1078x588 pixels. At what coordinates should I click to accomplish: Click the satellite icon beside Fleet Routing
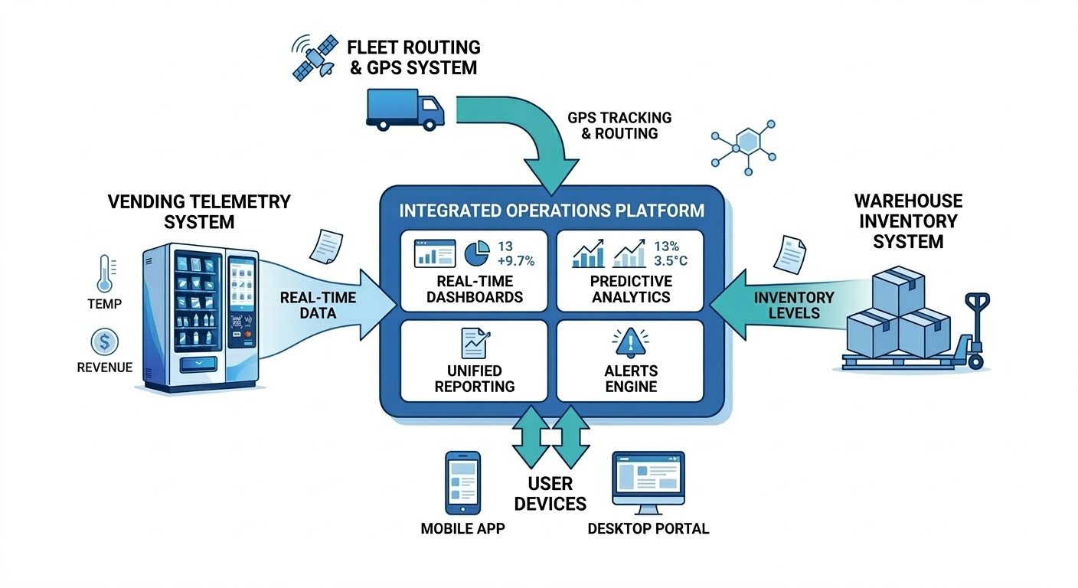315,57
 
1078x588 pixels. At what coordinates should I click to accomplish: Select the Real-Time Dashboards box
474,270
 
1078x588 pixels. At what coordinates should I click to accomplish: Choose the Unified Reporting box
474,361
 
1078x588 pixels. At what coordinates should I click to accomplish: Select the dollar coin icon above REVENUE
104,341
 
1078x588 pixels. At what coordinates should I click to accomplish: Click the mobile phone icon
462,482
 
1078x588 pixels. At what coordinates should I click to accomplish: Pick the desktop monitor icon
648,482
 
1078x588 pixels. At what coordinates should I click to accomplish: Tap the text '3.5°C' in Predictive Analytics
671,262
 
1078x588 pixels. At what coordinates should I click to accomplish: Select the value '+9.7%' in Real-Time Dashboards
515,262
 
